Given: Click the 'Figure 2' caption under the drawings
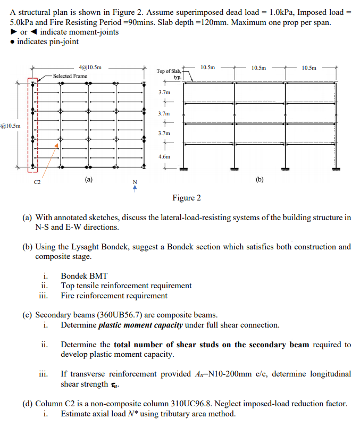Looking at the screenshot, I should pos(186,198).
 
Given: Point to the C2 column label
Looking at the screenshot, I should pos(37,182).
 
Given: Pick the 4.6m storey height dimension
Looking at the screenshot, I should pos(165,157).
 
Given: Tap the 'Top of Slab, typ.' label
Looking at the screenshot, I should pos(170,73).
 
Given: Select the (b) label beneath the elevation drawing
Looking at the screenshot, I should pos(259,179).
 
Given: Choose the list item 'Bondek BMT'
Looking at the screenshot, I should pos(84,276).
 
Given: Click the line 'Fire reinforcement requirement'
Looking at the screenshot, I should pos(114,296).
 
